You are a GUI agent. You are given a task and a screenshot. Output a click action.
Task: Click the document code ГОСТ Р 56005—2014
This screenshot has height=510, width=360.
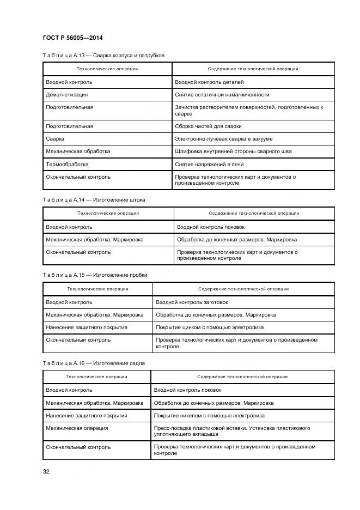[x=72, y=38]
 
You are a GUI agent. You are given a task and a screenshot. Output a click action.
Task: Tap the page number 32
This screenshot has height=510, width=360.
[x=46, y=471]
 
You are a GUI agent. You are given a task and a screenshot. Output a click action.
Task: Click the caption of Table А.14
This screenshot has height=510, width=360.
[x=94, y=199]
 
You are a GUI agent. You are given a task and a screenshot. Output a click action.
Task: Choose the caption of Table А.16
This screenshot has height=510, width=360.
[x=94, y=363]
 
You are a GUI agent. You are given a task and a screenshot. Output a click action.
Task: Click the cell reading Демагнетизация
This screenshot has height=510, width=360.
[x=67, y=94]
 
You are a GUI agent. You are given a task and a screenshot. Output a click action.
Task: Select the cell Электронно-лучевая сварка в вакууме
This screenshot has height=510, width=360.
[x=224, y=139]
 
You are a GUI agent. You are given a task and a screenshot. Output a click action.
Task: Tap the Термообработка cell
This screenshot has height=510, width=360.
[x=67, y=164]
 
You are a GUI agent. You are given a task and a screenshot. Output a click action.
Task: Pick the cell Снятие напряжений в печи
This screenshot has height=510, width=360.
[x=209, y=164]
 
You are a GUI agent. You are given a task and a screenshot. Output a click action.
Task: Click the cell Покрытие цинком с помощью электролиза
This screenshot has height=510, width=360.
[x=210, y=327]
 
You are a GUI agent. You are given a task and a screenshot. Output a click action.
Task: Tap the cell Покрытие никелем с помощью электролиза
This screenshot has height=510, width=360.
[x=210, y=415]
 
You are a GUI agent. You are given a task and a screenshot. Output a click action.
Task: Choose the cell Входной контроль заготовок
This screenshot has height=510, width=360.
[x=192, y=302]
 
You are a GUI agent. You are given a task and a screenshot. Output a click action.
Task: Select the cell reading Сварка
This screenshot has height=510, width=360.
[x=55, y=139]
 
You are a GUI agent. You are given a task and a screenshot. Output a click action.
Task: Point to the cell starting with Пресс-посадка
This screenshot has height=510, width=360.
[x=232, y=431]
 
